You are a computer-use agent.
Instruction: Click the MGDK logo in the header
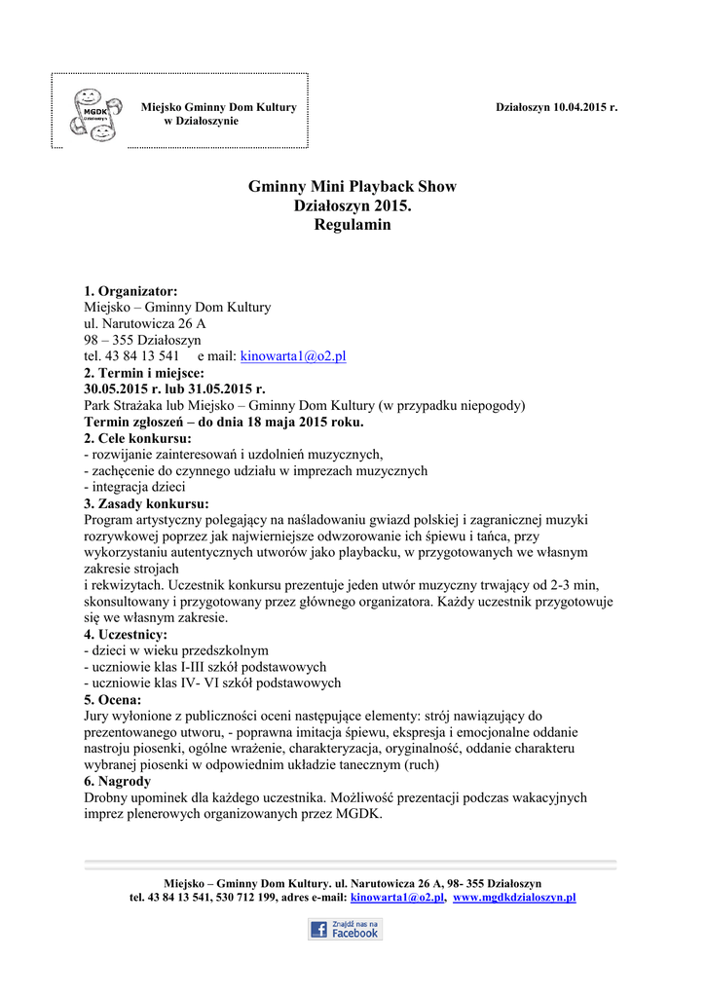[x=93, y=112]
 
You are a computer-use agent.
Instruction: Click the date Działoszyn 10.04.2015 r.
[x=556, y=106]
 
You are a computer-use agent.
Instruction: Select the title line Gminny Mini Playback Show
[x=352, y=187]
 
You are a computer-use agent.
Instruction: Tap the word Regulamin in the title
[x=352, y=225]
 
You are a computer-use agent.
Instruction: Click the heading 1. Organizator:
[x=130, y=291]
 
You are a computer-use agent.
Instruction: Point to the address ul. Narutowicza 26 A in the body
[x=145, y=323]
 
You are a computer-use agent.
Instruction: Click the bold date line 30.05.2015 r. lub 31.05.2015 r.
[x=174, y=389]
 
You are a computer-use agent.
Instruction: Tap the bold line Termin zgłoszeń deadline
[x=224, y=423]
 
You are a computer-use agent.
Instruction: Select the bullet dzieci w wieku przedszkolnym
[x=176, y=650]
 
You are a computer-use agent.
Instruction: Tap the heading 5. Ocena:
[x=112, y=699]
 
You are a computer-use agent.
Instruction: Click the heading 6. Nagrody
[x=117, y=781]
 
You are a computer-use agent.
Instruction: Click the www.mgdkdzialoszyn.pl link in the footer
[x=515, y=897]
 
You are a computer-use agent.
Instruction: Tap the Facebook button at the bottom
[x=345, y=929]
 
